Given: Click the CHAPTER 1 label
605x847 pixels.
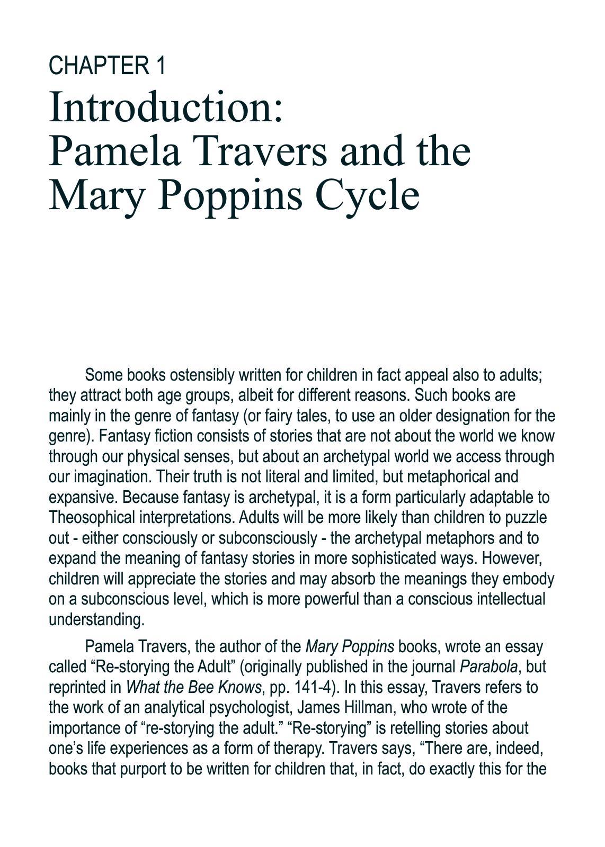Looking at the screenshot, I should coord(107,66).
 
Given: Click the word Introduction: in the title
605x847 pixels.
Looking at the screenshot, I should coord(166,107).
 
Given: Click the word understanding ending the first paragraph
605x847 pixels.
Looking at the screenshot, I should coord(96,619).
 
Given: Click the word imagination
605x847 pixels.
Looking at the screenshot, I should coord(113,477).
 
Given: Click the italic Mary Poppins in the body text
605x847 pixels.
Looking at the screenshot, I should coord(350,647).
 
